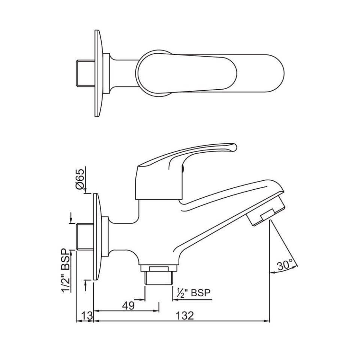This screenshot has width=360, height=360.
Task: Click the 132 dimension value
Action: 185,315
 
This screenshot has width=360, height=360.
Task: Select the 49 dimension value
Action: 129,306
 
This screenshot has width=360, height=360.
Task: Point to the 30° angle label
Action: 285,265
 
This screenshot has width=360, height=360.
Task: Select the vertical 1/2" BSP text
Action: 67,270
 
